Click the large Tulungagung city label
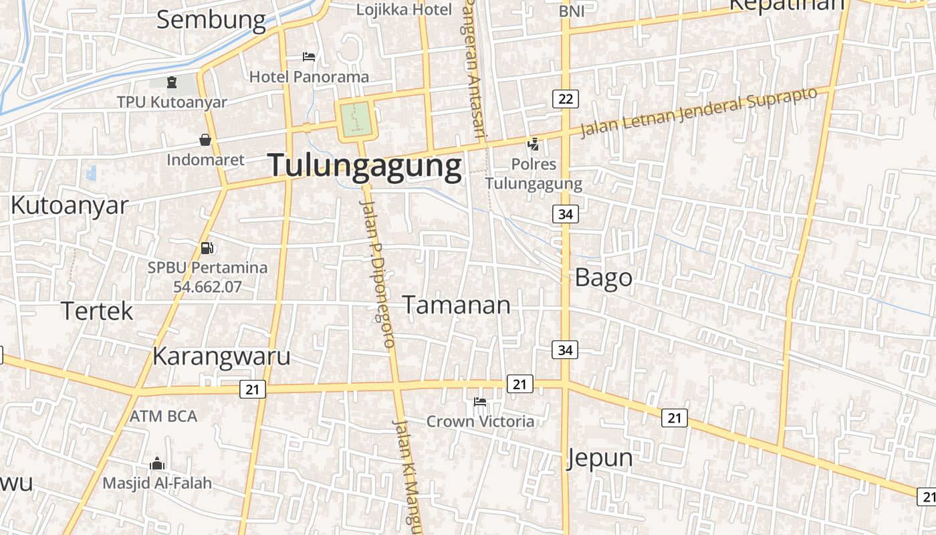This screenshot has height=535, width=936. coord(365,166)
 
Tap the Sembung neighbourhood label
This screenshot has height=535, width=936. coord(211,20)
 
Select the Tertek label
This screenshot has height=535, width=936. coord(97,311)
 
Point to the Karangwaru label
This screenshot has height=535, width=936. coord(221,356)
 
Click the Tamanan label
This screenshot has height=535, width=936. coord(456,305)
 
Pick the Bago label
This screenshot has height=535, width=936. coord(603,278)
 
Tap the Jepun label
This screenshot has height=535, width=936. coord(600,458)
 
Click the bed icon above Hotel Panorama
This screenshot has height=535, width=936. coord(309,57)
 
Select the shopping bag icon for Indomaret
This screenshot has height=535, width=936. coord(205,140)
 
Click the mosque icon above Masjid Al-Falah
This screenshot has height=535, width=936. coord(157,463)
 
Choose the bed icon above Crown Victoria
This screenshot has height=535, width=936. coord(479,402)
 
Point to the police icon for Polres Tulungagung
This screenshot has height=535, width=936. coord(533,143)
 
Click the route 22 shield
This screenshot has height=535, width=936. coord(566,99)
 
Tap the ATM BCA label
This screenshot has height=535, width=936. coord(163,416)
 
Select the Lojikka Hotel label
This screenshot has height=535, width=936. coord(404,9)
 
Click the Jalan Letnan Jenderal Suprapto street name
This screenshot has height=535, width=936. coord(699,112)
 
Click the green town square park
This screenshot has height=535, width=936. coord(355,118)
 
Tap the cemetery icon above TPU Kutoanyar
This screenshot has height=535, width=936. coord(172,83)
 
